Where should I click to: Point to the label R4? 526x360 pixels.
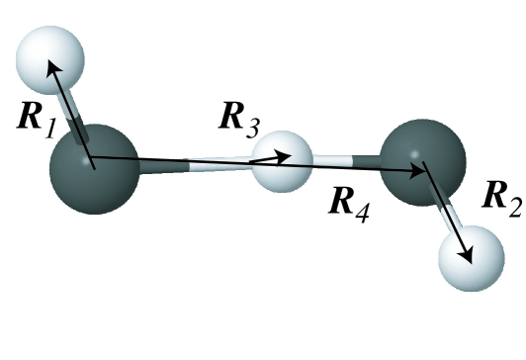[x=350, y=208]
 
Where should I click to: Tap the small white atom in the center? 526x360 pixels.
[x=281, y=158]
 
